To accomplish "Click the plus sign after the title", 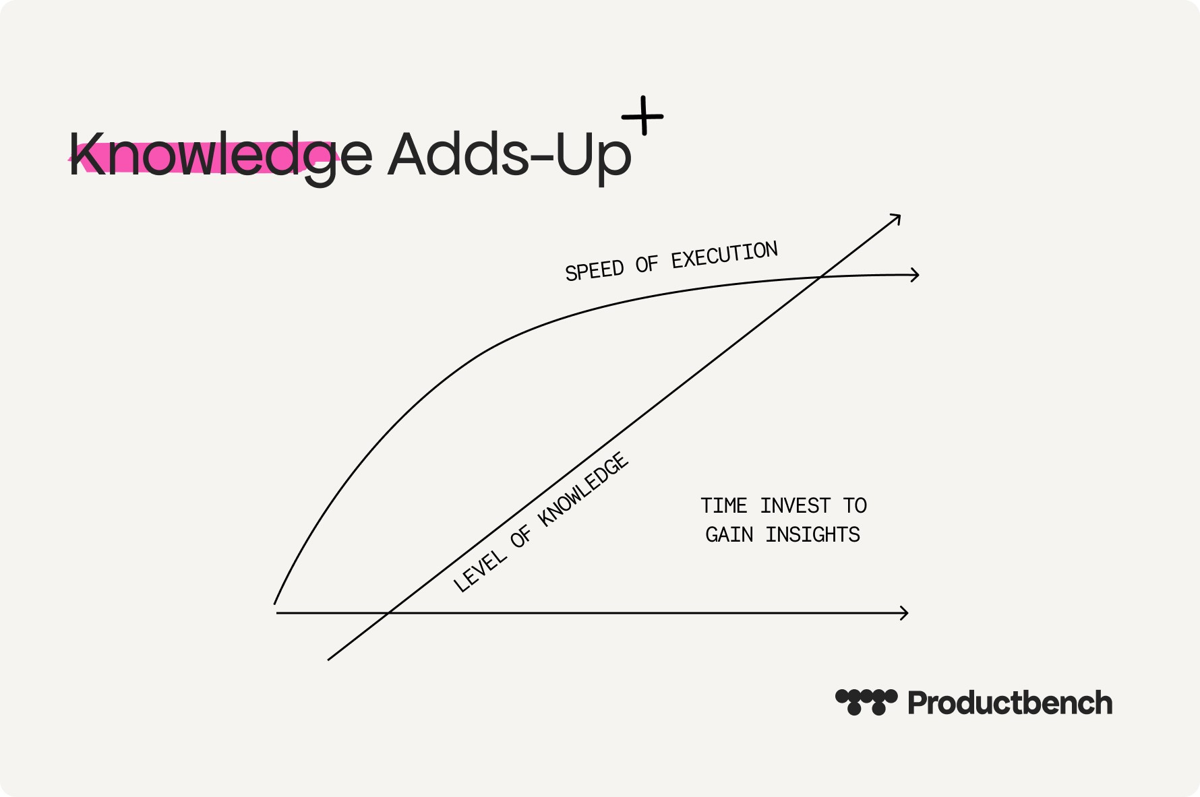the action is click(x=642, y=116).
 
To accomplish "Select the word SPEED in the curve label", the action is click(x=595, y=271).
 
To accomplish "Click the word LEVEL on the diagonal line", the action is click(x=479, y=570).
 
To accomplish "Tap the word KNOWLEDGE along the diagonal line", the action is click(x=584, y=489).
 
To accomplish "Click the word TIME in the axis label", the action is click(x=724, y=505).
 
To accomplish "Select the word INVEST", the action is click(x=796, y=505).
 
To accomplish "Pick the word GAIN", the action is click(x=729, y=534).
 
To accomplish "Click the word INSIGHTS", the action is click(x=813, y=534).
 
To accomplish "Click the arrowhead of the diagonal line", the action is click(x=896, y=218).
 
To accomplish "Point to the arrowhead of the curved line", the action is click(x=915, y=275).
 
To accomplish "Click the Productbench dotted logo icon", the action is click(x=866, y=702).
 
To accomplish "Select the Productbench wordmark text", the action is click(x=1010, y=703).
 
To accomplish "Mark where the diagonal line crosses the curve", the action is click(x=820, y=277).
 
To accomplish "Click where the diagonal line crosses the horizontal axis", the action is click(x=390, y=613).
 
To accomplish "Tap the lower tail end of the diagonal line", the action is click(x=328, y=660).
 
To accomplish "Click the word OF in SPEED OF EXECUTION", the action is click(x=647, y=265).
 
